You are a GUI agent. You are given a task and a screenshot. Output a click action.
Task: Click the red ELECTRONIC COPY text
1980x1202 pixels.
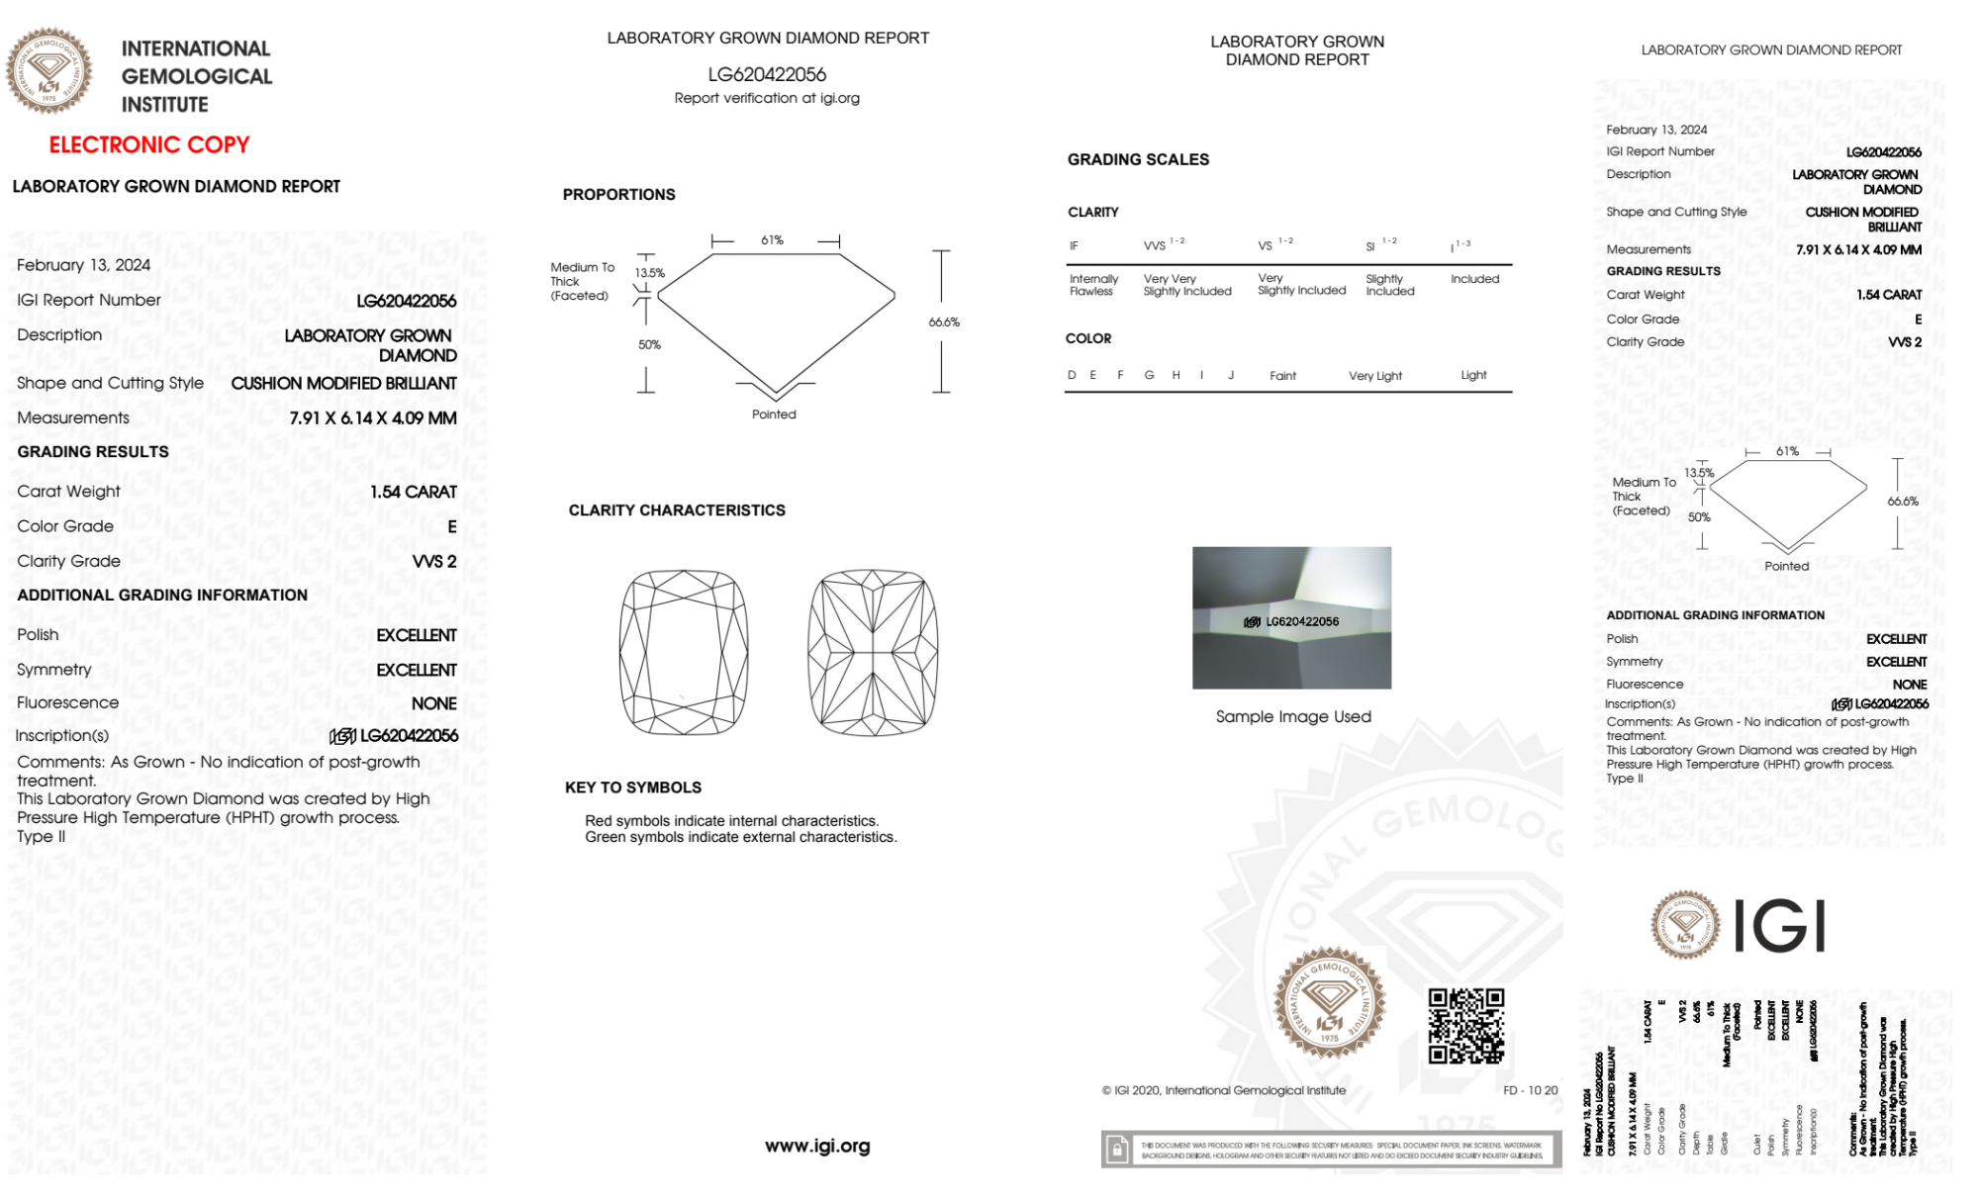(149, 144)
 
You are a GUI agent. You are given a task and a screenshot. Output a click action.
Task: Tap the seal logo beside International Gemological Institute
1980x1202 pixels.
(48, 70)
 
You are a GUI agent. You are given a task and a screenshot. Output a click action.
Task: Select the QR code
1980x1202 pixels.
(1465, 1026)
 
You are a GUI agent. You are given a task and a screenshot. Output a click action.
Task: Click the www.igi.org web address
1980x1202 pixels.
(817, 1146)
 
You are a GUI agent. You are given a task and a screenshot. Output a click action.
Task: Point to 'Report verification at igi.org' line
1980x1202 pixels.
(767, 98)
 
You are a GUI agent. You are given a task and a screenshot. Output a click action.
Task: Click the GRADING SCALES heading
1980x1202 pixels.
(1138, 159)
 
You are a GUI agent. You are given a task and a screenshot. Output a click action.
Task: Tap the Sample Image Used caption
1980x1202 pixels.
(1293, 716)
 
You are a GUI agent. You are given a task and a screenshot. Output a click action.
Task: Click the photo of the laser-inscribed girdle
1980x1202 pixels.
(1291, 617)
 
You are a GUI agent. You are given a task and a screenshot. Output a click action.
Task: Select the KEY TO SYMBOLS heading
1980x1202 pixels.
(633, 787)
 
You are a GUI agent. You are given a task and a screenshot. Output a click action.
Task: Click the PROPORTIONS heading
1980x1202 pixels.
(619, 194)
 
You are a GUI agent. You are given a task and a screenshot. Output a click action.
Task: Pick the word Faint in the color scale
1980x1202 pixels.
(1282, 376)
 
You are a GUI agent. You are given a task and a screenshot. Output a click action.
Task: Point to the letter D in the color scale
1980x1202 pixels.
(1072, 375)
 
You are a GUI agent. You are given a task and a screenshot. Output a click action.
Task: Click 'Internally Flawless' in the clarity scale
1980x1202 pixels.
(1093, 285)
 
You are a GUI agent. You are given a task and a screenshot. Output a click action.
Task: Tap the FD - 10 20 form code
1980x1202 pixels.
(1530, 1090)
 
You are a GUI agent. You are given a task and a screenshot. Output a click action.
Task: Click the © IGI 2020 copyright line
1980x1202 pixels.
(1224, 1090)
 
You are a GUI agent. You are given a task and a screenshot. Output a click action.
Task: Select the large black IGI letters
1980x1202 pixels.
(1781, 927)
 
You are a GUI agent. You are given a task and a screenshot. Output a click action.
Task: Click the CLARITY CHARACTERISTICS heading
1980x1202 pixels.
(677, 510)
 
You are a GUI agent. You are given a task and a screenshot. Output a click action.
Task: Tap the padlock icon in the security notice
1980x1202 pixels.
(1117, 1150)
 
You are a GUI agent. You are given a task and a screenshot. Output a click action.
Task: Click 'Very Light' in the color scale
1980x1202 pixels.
(1374, 376)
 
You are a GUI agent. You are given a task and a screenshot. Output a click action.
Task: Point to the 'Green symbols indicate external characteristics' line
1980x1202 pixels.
(740, 837)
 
